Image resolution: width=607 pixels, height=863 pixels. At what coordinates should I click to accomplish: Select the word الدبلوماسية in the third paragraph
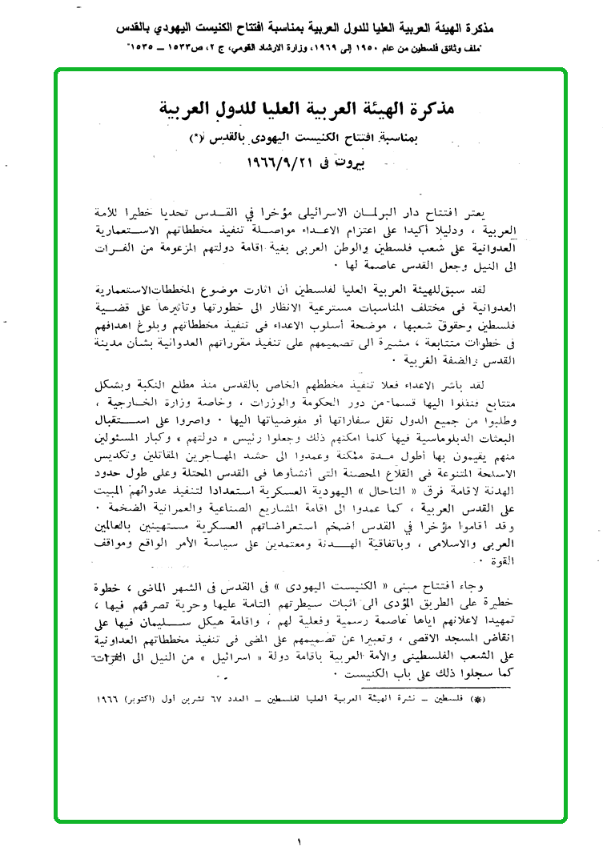(x=437, y=418)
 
